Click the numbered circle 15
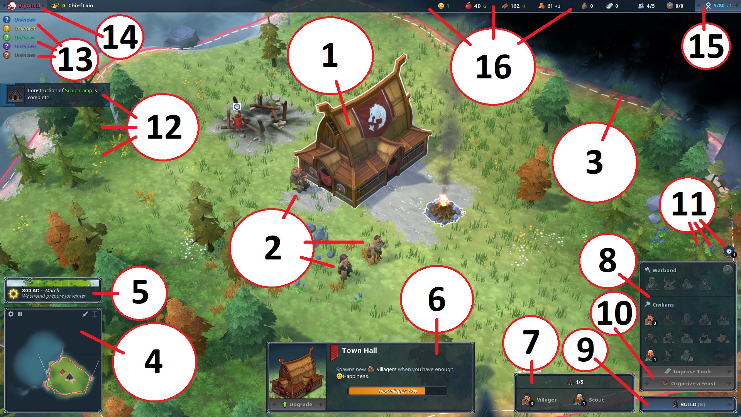click(706, 46)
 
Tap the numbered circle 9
click(585, 350)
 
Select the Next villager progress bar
click(398, 391)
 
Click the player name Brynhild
click(29, 6)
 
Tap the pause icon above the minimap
click(20, 314)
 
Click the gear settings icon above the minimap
click(11, 314)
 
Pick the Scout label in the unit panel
click(596, 400)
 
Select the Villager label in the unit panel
click(546, 400)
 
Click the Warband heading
click(664, 270)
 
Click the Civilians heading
click(663, 305)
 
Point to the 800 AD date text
click(31, 290)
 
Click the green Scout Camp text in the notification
click(78, 90)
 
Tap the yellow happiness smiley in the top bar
click(441, 6)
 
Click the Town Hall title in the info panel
click(359, 351)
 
